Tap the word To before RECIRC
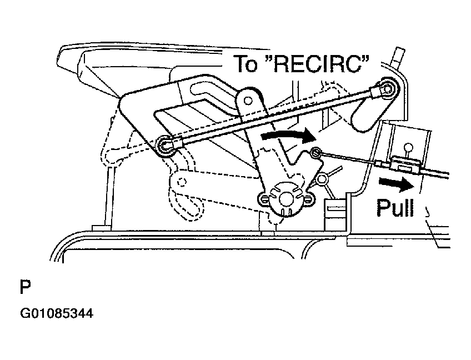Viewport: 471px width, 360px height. (245, 63)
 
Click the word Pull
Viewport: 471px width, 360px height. (395, 207)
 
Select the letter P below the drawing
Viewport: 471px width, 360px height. (25, 287)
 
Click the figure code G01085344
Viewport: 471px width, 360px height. (57, 313)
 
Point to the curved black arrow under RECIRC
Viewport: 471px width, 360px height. (289, 135)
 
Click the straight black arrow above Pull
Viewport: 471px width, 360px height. (397, 184)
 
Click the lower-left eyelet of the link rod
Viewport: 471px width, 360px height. (164, 145)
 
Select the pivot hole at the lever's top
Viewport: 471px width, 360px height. (248, 101)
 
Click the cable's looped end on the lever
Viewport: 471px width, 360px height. (315, 153)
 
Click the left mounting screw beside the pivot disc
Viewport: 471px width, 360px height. (264, 199)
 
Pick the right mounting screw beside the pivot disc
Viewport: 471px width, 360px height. (308, 199)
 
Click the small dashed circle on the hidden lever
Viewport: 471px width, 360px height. (181, 182)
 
